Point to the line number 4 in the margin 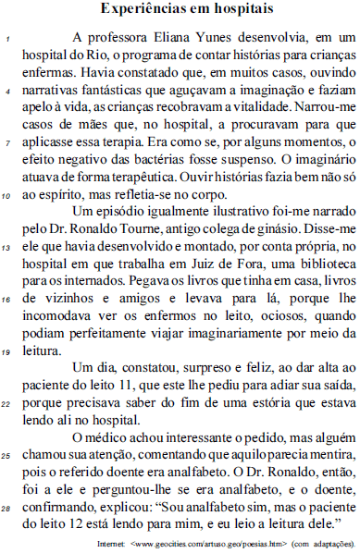[x=8, y=92]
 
